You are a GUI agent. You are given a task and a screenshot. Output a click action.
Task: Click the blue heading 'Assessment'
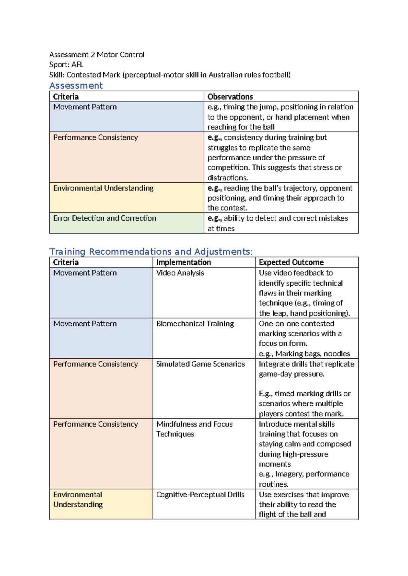[x=76, y=86]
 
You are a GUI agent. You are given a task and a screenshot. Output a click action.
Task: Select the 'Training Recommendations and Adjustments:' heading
[x=151, y=252]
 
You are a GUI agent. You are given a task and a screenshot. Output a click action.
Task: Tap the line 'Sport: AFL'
[x=66, y=65]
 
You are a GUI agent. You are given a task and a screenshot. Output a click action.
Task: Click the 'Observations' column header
[x=230, y=97]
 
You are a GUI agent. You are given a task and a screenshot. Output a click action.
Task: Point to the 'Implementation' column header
[x=183, y=263]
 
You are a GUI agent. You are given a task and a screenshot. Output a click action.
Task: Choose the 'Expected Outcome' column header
[x=291, y=263]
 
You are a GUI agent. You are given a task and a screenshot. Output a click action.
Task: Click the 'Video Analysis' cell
[x=180, y=273]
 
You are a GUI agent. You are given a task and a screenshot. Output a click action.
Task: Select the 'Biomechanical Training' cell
[x=195, y=324]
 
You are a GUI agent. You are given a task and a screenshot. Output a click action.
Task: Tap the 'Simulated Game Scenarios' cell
[x=200, y=364]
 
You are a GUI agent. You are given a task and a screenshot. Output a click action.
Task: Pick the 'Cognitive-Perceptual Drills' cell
[x=200, y=495]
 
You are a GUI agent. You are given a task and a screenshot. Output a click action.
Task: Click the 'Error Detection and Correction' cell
[x=104, y=218]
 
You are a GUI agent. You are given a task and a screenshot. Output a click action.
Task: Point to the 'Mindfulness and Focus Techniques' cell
[x=194, y=429]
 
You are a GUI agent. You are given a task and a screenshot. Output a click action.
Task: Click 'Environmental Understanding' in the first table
[x=103, y=188]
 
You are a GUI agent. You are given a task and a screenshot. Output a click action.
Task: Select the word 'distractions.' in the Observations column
[x=227, y=178]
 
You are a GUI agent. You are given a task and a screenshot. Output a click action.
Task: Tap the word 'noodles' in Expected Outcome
[x=337, y=354]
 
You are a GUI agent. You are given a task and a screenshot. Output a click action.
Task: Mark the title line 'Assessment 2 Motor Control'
[x=97, y=55]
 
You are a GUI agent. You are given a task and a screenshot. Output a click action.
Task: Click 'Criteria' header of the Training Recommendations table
[x=66, y=263]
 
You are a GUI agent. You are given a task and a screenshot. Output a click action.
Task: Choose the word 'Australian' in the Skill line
[x=225, y=75]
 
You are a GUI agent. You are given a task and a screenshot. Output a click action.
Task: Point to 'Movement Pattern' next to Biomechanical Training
[x=85, y=324]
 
